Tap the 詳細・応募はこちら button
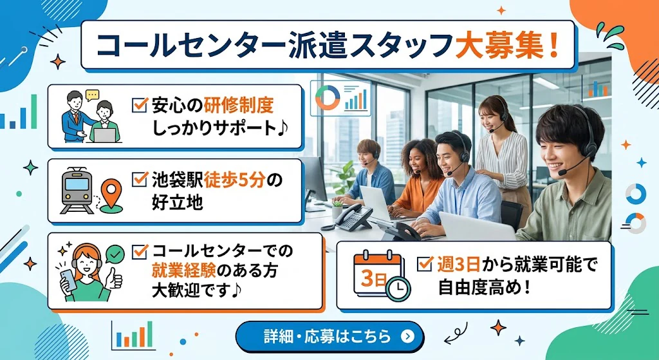pyautogui.click(x=330, y=336)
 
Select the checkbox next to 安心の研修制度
pyautogui.click(x=140, y=104)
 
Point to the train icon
pyautogui.click(x=77, y=191)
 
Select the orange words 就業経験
pyautogui.click(x=183, y=271)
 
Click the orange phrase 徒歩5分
pyautogui.click(x=236, y=180)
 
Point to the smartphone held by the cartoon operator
pyautogui.click(x=68, y=280)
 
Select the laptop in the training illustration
pyautogui.click(x=104, y=135)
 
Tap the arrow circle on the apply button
pyautogui.click(x=407, y=336)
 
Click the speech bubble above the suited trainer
pyautogui.click(x=92, y=95)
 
